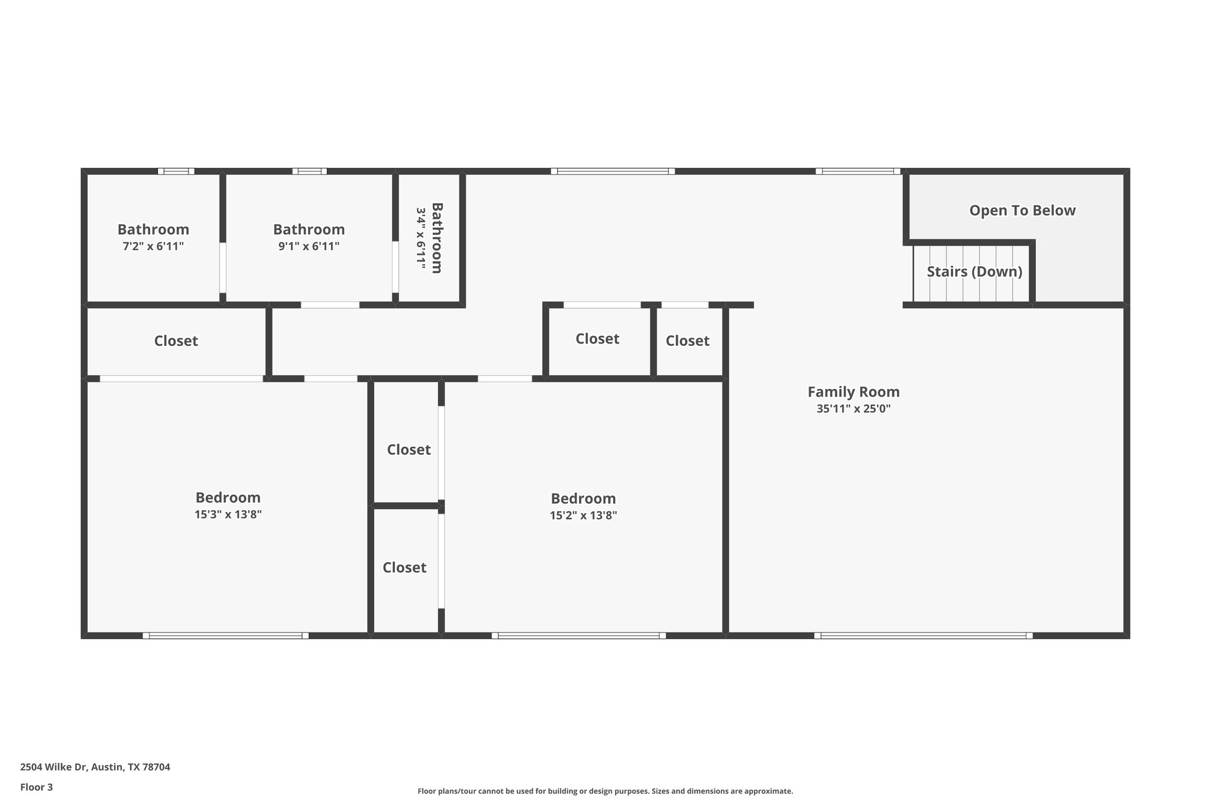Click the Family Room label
click(x=853, y=392)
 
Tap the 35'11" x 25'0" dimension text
click(x=853, y=409)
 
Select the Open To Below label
click(x=1022, y=210)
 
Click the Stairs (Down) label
click(x=974, y=272)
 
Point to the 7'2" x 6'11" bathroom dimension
click(x=153, y=247)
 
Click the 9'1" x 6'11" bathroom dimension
click(x=309, y=247)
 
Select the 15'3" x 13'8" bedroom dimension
click(x=228, y=514)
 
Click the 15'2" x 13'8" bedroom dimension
click(x=583, y=516)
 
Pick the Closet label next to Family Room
click(x=687, y=341)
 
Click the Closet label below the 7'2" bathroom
click(x=176, y=341)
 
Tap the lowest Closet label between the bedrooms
click(x=404, y=568)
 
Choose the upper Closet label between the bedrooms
click(x=409, y=450)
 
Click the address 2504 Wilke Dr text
click(x=95, y=767)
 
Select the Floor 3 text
click(x=36, y=787)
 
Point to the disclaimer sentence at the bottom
click(x=605, y=791)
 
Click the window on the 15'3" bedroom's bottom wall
click(x=225, y=636)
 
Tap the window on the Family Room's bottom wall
click(x=923, y=636)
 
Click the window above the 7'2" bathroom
click(x=176, y=171)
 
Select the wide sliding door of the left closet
click(x=181, y=378)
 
